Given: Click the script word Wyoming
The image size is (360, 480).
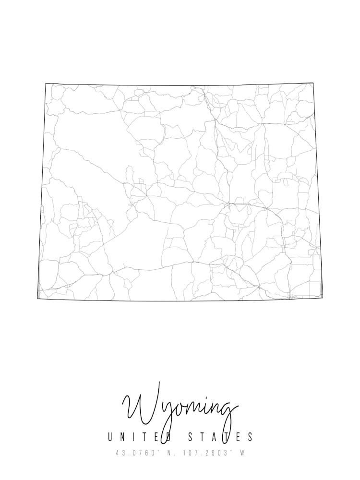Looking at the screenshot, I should pyautogui.click(x=180, y=408).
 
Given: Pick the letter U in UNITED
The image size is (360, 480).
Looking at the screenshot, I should pyautogui.click(x=111, y=437).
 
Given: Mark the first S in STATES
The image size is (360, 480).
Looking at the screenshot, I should pyautogui.click(x=189, y=437).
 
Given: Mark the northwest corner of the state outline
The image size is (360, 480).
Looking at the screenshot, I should pyautogui.click(x=46, y=84).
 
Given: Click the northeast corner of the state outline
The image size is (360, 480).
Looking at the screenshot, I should pyautogui.click(x=313, y=83).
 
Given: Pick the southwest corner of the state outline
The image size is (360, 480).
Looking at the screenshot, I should pyautogui.click(x=38, y=299).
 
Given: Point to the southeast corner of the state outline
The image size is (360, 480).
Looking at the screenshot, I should pyautogui.click(x=322, y=297).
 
